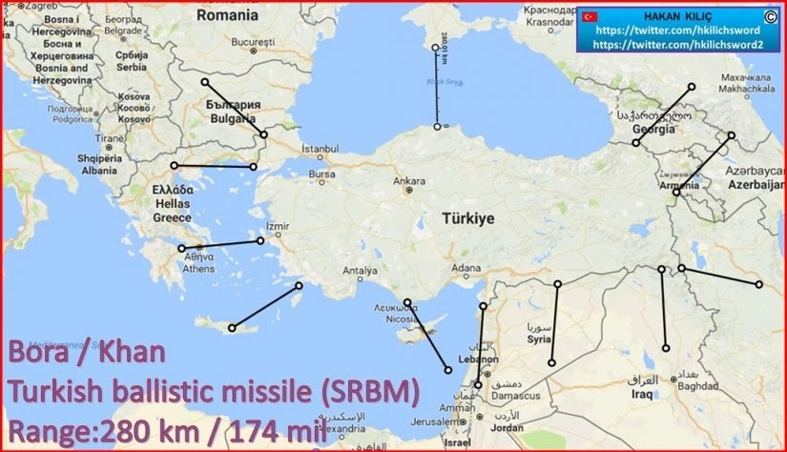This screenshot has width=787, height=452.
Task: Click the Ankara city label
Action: (x=410, y=180)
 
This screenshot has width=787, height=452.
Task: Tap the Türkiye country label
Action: (x=467, y=218)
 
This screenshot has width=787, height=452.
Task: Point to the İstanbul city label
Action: (x=320, y=150)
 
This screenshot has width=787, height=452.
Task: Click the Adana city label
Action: (x=466, y=269)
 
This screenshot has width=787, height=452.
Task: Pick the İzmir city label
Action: (x=277, y=227)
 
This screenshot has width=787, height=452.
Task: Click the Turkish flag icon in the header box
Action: (x=590, y=17)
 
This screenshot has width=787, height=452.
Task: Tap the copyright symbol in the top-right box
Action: (x=769, y=16)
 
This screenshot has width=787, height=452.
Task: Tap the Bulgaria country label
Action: (x=232, y=119)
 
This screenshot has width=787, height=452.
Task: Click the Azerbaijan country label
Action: (x=753, y=185)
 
